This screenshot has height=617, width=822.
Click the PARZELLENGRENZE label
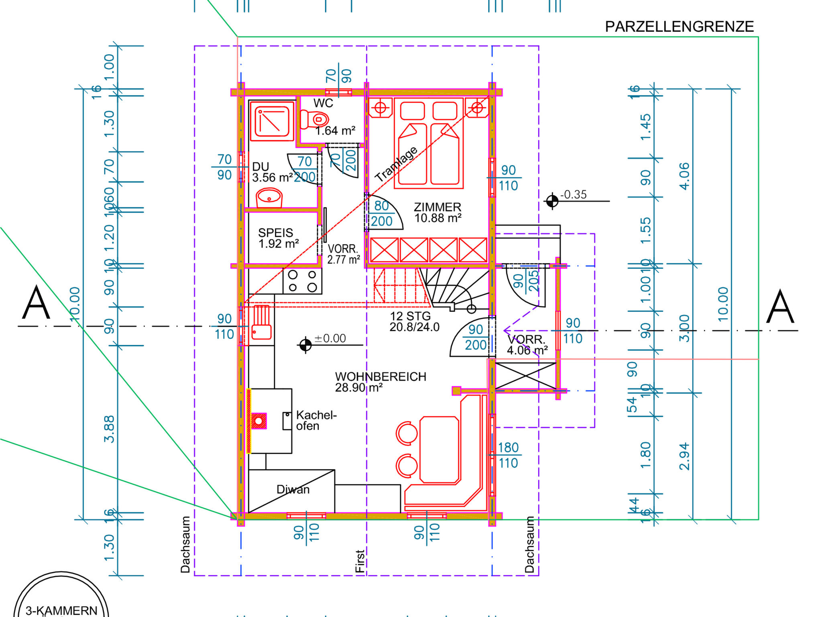pos(679,27)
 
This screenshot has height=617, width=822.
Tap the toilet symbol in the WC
pos(315,119)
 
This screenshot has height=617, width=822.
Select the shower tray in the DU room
pos(272,121)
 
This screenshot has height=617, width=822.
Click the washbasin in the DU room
pos(269,198)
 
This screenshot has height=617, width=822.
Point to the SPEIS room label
pos(275,233)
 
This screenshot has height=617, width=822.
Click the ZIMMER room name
pos(437,207)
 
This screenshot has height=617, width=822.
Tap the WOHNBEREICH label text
pos(380,377)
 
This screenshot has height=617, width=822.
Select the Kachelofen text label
pos(316,420)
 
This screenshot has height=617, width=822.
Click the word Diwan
pos(293,489)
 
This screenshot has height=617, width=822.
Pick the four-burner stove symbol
pos(302,281)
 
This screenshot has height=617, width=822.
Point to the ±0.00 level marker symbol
pos(305,345)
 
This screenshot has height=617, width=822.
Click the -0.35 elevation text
pos(574,195)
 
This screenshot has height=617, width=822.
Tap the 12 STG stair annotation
pos(410,316)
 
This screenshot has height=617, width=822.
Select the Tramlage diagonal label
pos(396,164)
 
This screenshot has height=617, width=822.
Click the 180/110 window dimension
pos(508,455)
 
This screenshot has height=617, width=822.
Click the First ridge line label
pos(360,561)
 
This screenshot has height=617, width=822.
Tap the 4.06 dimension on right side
pos(684,176)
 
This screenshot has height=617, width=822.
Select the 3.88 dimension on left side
pos(109,429)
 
